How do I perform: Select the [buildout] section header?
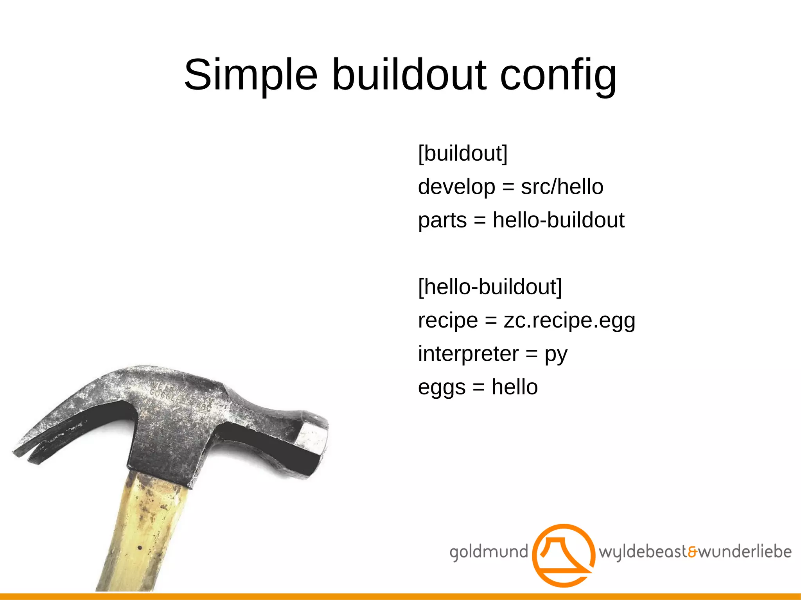463,153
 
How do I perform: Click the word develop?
456,187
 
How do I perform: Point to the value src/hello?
562,186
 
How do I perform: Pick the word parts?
442,220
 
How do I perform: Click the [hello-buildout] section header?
490,287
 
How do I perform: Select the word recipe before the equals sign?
448,321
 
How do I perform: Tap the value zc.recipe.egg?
569,321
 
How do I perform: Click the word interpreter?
468,354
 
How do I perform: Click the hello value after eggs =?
514,387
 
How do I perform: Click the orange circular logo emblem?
564,555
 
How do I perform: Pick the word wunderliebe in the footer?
745,552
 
